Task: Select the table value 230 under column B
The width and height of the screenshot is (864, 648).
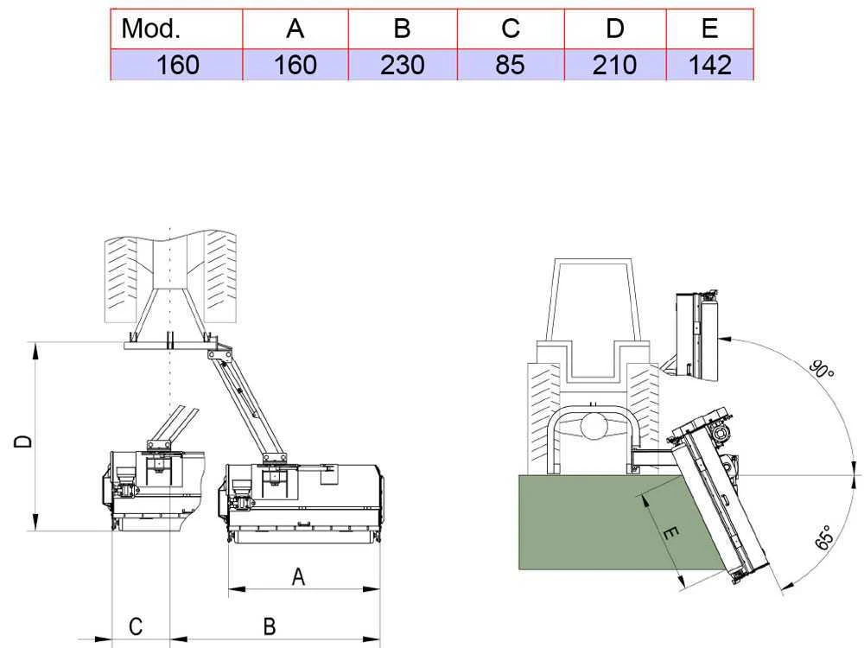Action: click(402, 65)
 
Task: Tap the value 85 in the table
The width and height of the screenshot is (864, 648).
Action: click(511, 65)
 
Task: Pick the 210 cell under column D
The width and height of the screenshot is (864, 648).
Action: click(614, 65)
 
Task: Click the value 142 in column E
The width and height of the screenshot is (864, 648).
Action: click(710, 65)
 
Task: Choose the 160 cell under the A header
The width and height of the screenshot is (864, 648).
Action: click(295, 65)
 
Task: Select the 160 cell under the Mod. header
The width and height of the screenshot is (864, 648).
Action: click(177, 65)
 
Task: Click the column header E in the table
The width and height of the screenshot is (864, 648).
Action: click(710, 29)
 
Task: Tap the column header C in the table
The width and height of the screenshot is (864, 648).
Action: click(511, 29)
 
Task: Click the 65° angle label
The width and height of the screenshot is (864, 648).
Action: click(823, 537)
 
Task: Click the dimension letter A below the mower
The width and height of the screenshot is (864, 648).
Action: click(298, 577)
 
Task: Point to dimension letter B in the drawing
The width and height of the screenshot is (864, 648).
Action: click(270, 626)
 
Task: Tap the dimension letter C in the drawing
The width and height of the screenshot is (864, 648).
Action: click(136, 626)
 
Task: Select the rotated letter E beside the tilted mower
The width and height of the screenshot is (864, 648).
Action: click(670, 536)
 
